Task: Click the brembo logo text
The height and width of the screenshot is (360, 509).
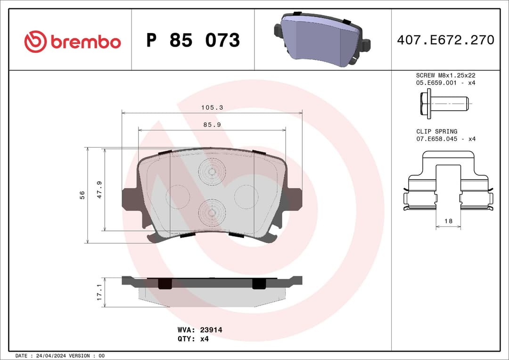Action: tap(85, 42)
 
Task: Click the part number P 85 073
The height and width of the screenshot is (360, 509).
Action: tap(193, 41)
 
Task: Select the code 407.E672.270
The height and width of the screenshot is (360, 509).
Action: tap(445, 40)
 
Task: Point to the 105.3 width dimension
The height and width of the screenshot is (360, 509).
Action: tap(212, 107)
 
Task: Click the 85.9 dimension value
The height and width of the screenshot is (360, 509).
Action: tap(212, 125)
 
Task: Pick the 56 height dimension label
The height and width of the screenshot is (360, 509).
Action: tap(82, 195)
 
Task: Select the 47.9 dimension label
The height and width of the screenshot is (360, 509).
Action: tap(99, 189)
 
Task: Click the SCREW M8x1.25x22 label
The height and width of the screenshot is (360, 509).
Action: tap(446, 75)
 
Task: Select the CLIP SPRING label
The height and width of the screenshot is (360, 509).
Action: tap(436, 131)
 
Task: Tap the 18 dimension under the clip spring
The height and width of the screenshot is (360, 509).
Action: tap(448, 221)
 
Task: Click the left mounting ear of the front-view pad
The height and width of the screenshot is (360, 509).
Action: tap(129, 199)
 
